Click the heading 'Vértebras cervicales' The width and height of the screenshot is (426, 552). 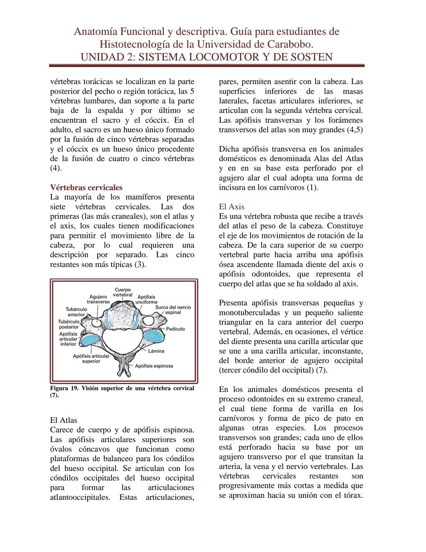[86, 188]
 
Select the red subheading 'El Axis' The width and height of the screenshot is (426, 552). [232, 207]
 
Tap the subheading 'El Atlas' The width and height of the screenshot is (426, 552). [64, 420]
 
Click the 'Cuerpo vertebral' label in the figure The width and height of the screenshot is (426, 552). [123, 292]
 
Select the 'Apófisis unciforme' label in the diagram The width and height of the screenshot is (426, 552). [146, 300]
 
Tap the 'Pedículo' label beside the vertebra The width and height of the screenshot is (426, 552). [175, 329]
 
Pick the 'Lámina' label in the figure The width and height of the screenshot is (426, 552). [156, 351]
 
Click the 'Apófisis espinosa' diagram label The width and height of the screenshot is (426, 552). [154, 366]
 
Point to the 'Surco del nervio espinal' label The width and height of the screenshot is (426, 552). [173, 310]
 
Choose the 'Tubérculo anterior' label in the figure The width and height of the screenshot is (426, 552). [76, 312]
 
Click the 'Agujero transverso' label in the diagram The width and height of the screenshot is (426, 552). [98, 299]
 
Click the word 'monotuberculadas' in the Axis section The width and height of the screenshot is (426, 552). [247, 313]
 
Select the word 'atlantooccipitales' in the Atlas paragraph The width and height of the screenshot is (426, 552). [80, 497]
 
